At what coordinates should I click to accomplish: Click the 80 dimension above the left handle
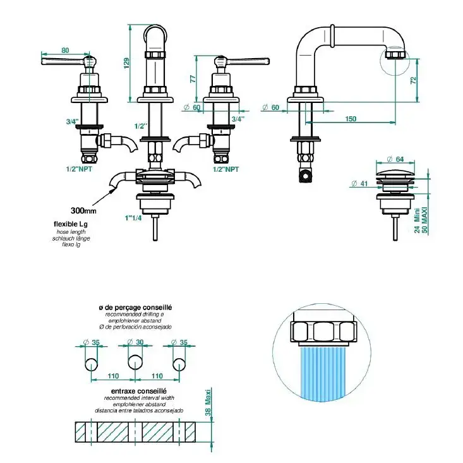click(x=65, y=51)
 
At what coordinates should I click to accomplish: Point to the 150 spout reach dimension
click(x=351, y=119)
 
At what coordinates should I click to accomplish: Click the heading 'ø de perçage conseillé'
click(x=135, y=307)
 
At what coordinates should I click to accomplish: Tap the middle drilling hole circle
click(x=135, y=363)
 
